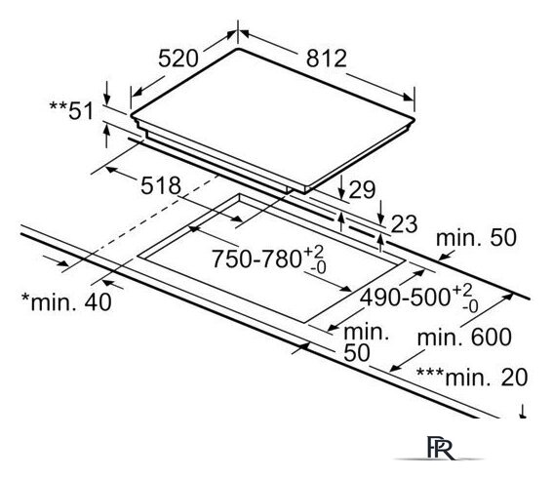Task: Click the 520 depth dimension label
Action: [x=178, y=59]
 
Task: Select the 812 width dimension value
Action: [x=327, y=59]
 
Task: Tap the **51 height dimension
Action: [x=71, y=110]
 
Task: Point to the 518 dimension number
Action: [x=161, y=185]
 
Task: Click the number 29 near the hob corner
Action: [x=362, y=190]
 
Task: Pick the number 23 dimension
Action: [x=405, y=224]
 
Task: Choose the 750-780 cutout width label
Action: [x=268, y=259]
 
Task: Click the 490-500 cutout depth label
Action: [x=419, y=299]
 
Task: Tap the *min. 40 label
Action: [x=66, y=302]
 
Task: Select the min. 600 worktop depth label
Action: [x=464, y=338]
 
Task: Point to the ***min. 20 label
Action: [x=472, y=378]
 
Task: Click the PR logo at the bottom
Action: [x=441, y=448]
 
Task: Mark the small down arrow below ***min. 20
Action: [x=524, y=412]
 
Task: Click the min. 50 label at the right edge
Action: [x=476, y=238]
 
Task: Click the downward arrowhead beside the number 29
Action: [x=341, y=194]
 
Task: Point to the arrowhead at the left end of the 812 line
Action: [x=245, y=33]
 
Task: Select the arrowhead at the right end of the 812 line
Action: [x=408, y=97]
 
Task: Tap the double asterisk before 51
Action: [x=58, y=105]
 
